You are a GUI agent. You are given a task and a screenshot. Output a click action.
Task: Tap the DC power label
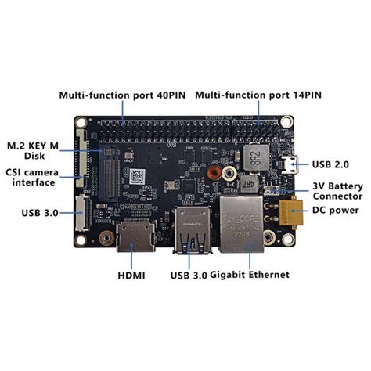[335, 210]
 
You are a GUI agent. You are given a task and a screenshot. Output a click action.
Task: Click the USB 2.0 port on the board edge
[290, 164]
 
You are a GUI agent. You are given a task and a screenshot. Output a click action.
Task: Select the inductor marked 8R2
[254, 156]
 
